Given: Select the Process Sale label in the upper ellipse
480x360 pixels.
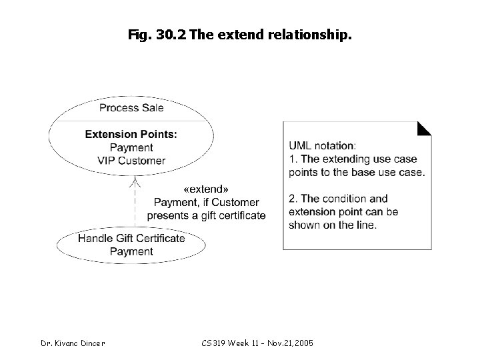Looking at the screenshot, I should coord(131,107).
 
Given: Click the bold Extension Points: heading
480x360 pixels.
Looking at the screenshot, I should coord(131,134).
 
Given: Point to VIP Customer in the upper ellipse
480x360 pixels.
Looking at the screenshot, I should coord(131,161).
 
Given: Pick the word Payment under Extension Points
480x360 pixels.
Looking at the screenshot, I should coord(131,147).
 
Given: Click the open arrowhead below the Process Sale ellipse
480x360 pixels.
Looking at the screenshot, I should coord(135,180).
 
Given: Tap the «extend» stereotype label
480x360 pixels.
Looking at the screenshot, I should coord(206,189).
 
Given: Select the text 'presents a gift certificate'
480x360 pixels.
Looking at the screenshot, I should coord(206,215).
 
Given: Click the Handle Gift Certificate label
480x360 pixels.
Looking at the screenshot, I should coord(131,238).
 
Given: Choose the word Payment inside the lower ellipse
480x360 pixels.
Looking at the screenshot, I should coord(131,251).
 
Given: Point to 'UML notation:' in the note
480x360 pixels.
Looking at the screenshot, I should coord(323,145).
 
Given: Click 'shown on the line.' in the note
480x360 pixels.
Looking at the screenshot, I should coord(333,225).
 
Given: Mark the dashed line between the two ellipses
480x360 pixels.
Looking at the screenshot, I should coord(135,207).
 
